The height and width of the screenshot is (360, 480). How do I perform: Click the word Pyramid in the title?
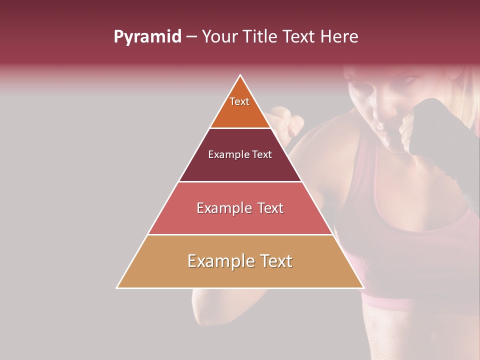pyautogui.click(x=147, y=37)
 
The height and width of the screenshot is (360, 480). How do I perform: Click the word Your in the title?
pyautogui.click(x=219, y=37)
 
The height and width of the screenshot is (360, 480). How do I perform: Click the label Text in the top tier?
pyautogui.click(x=239, y=101)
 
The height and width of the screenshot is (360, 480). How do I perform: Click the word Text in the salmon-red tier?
pyautogui.click(x=267, y=208)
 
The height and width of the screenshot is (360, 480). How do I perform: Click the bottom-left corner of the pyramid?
pyautogui.click(x=117, y=288)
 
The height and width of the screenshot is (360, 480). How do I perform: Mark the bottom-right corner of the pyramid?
pyautogui.click(x=363, y=288)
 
